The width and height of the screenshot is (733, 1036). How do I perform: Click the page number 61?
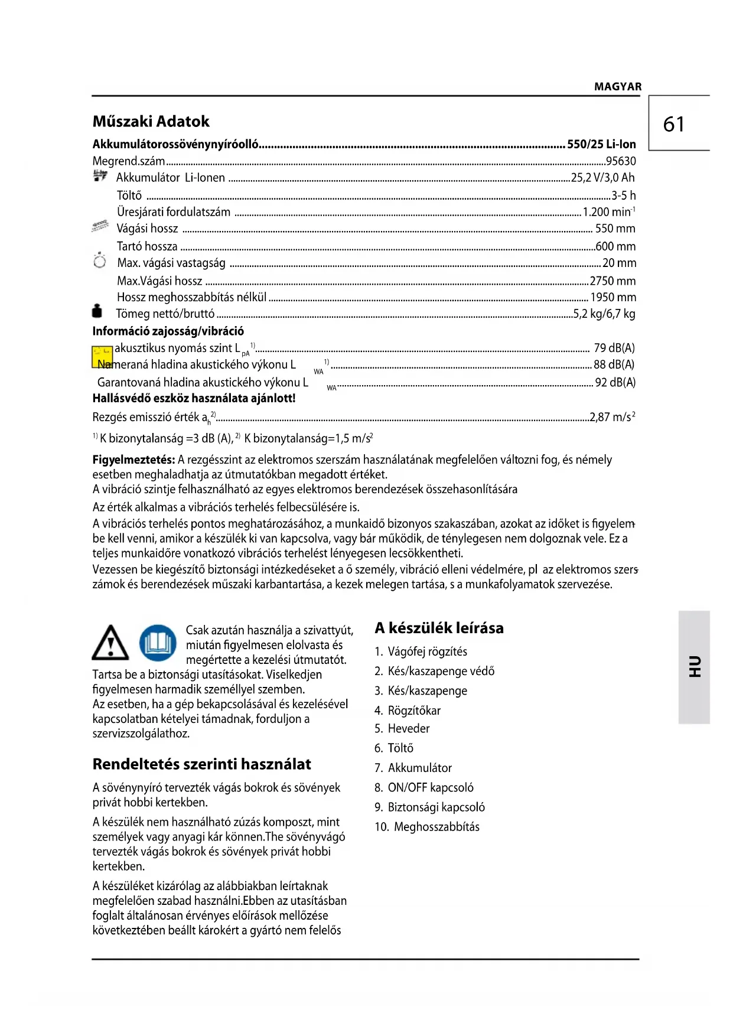coord(674,124)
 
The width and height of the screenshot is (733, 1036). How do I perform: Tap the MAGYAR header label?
coord(617,87)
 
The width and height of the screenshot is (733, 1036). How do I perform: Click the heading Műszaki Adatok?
coord(151,122)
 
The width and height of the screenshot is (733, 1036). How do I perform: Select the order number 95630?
coord(621,161)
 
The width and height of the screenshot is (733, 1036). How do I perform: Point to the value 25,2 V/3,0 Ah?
coord(602,178)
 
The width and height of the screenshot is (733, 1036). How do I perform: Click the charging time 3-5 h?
coord(623,196)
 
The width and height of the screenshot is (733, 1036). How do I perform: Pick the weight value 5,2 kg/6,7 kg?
coord(604,314)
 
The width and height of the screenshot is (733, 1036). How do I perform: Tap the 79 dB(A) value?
coord(614,348)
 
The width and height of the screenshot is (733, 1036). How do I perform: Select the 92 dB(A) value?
coord(615,383)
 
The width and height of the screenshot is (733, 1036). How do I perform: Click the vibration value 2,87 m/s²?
coord(612,418)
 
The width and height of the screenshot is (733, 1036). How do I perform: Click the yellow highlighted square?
coord(102,357)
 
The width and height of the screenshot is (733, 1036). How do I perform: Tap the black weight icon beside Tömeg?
coord(97,311)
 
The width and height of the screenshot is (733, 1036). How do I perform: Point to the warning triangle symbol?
coord(110,643)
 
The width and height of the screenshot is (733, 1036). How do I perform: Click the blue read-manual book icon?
coord(158,643)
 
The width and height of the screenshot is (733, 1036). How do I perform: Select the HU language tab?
coord(694,667)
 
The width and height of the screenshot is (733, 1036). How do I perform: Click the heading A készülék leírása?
coord(439,628)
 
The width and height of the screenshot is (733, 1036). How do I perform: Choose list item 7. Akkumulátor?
coord(413,768)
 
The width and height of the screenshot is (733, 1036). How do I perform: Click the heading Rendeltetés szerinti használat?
coord(201,765)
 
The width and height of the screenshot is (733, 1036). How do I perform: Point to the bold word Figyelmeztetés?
coord(133,460)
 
